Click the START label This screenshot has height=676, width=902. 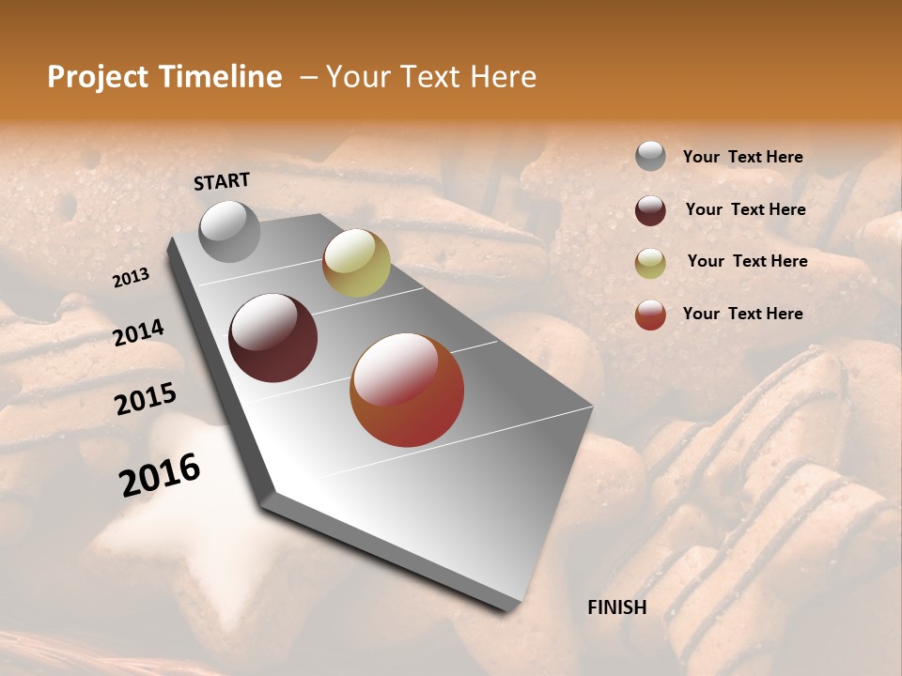click(222, 181)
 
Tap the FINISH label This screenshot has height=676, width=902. click(617, 607)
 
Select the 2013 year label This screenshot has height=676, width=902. click(132, 277)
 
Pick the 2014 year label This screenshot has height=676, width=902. click(139, 332)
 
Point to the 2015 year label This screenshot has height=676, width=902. click(146, 399)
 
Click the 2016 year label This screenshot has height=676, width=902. click(160, 474)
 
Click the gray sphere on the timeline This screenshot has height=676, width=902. click(229, 231)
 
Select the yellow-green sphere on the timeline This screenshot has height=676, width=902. click(356, 263)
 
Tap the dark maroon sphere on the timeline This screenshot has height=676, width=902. click(273, 338)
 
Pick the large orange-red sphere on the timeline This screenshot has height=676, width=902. click(407, 390)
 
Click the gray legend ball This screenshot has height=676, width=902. click(650, 156)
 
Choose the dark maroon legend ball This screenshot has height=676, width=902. click(650, 210)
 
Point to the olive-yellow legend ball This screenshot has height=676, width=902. click(650, 263)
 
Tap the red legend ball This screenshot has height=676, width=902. click(650, 315)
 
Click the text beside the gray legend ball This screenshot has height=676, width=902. click(742, 157)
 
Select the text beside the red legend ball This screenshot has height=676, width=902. click(742, 314)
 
